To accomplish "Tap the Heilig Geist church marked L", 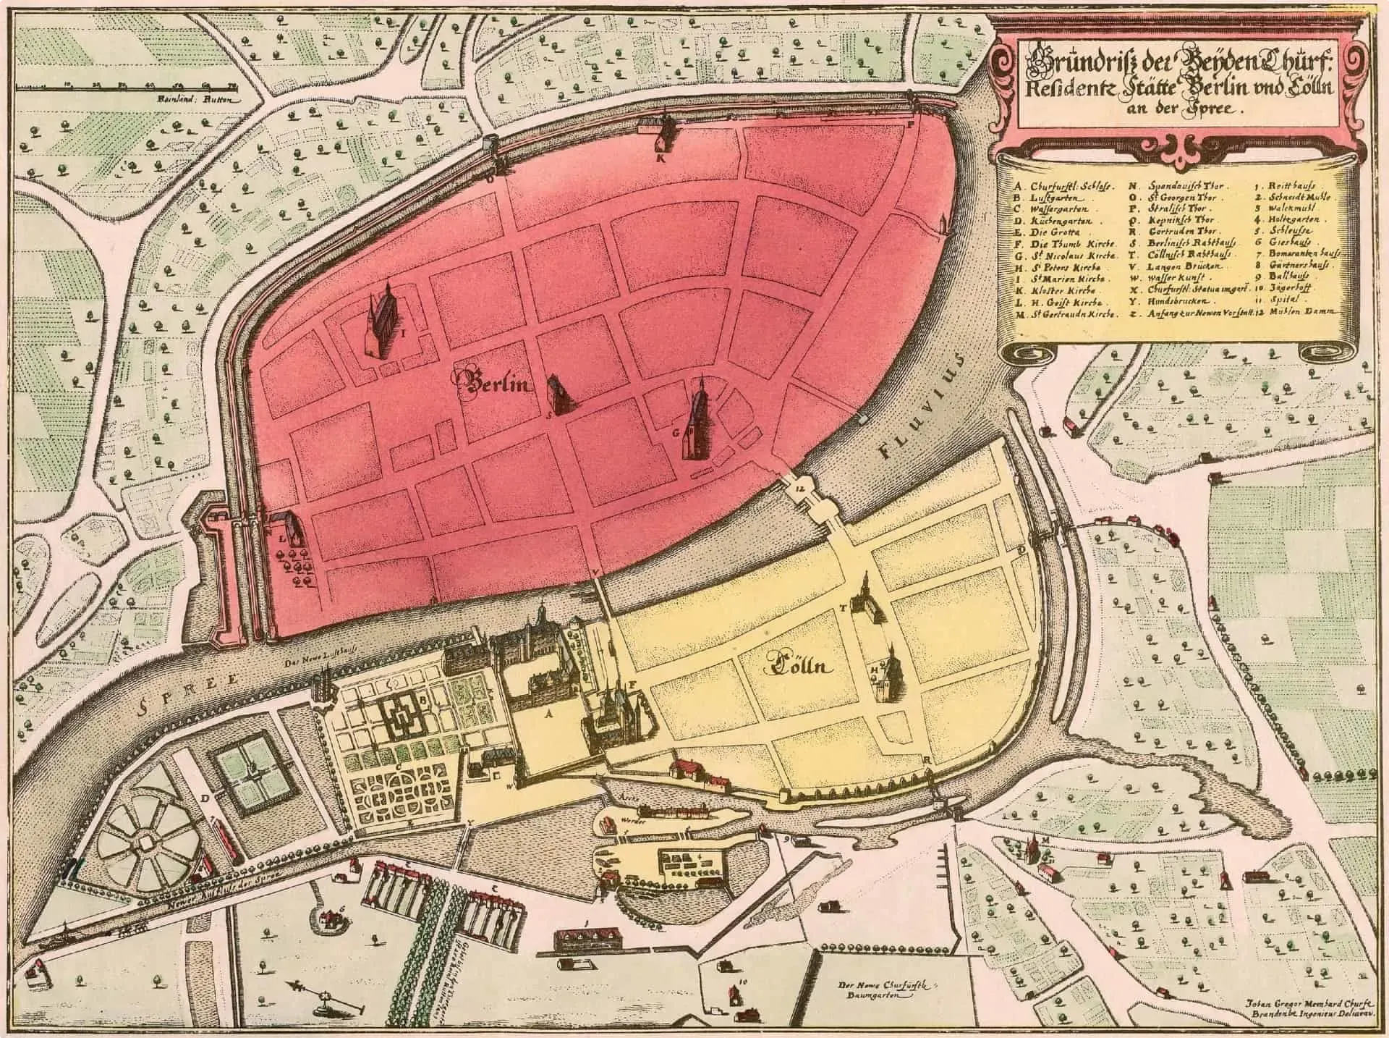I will coord(288,528).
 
